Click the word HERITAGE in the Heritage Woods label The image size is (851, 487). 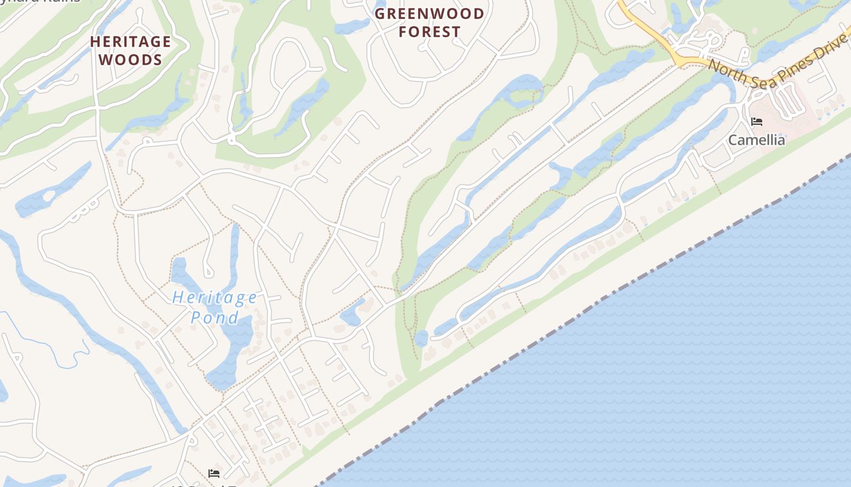[x=131, y=41]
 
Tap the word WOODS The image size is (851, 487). [x=131, y=60]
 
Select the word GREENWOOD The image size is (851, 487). [x=430, y=13]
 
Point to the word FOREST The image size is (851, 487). [x=430, y=32]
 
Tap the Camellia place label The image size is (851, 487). [x=756, y=140]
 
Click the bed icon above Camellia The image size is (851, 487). [x=757, y=122]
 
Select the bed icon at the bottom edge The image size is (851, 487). [x=214, y=473]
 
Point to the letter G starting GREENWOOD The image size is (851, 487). [x=380, y=13]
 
